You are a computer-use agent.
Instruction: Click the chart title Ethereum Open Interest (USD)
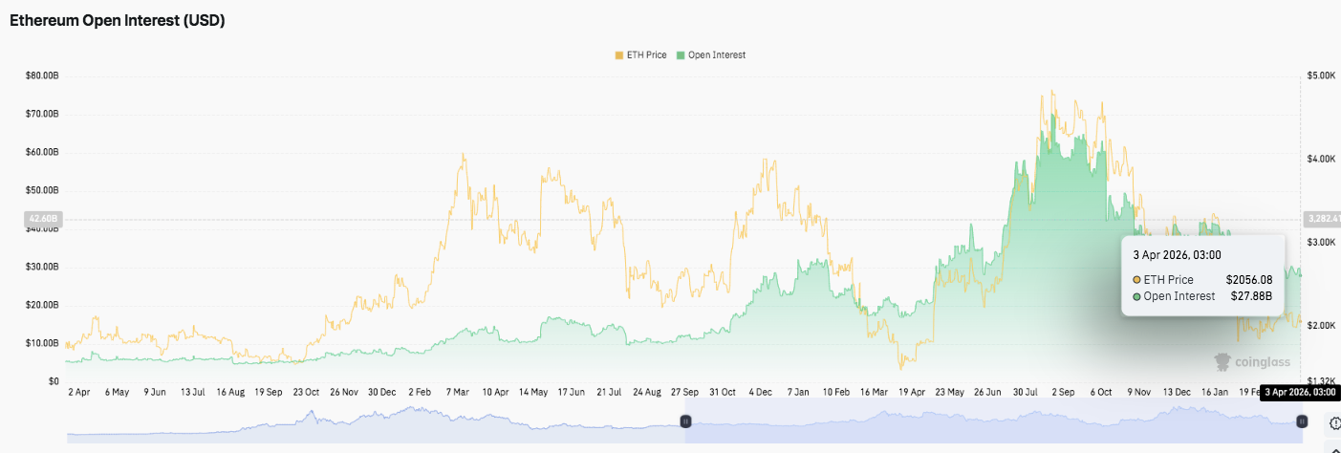click(x=118, y=20)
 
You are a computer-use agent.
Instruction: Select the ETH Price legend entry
click(x=643, y=55)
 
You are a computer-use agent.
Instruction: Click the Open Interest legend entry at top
click(x=711, y=55)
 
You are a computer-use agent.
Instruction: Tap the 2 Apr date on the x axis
click(x=79, y=392)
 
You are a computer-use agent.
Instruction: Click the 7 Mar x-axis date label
click(x=457, y=392)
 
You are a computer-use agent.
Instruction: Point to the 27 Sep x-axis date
click(x=683, y=392)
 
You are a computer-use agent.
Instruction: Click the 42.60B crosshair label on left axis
click(x=41, y=219)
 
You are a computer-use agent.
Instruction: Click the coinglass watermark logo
click(x=1252, y=362)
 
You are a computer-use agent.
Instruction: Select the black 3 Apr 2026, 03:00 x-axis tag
click(x=1298, y=392)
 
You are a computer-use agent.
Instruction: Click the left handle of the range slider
click(x=685, y=421)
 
